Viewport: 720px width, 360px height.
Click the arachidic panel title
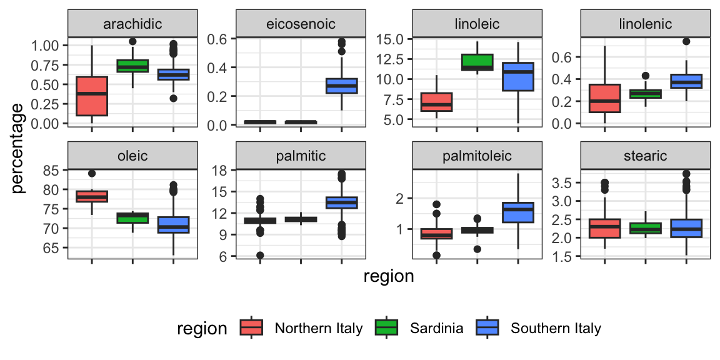132,24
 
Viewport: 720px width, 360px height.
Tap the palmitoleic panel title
476,155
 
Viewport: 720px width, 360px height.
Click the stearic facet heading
646,155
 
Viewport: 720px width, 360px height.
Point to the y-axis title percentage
19,147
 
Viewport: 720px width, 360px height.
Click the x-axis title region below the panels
389,276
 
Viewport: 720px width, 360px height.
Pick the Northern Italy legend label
319,328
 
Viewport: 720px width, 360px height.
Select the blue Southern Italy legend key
488,328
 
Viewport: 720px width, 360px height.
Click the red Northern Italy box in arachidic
92,96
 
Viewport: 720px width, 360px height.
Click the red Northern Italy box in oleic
92,196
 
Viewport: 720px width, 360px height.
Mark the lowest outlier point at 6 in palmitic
260,255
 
